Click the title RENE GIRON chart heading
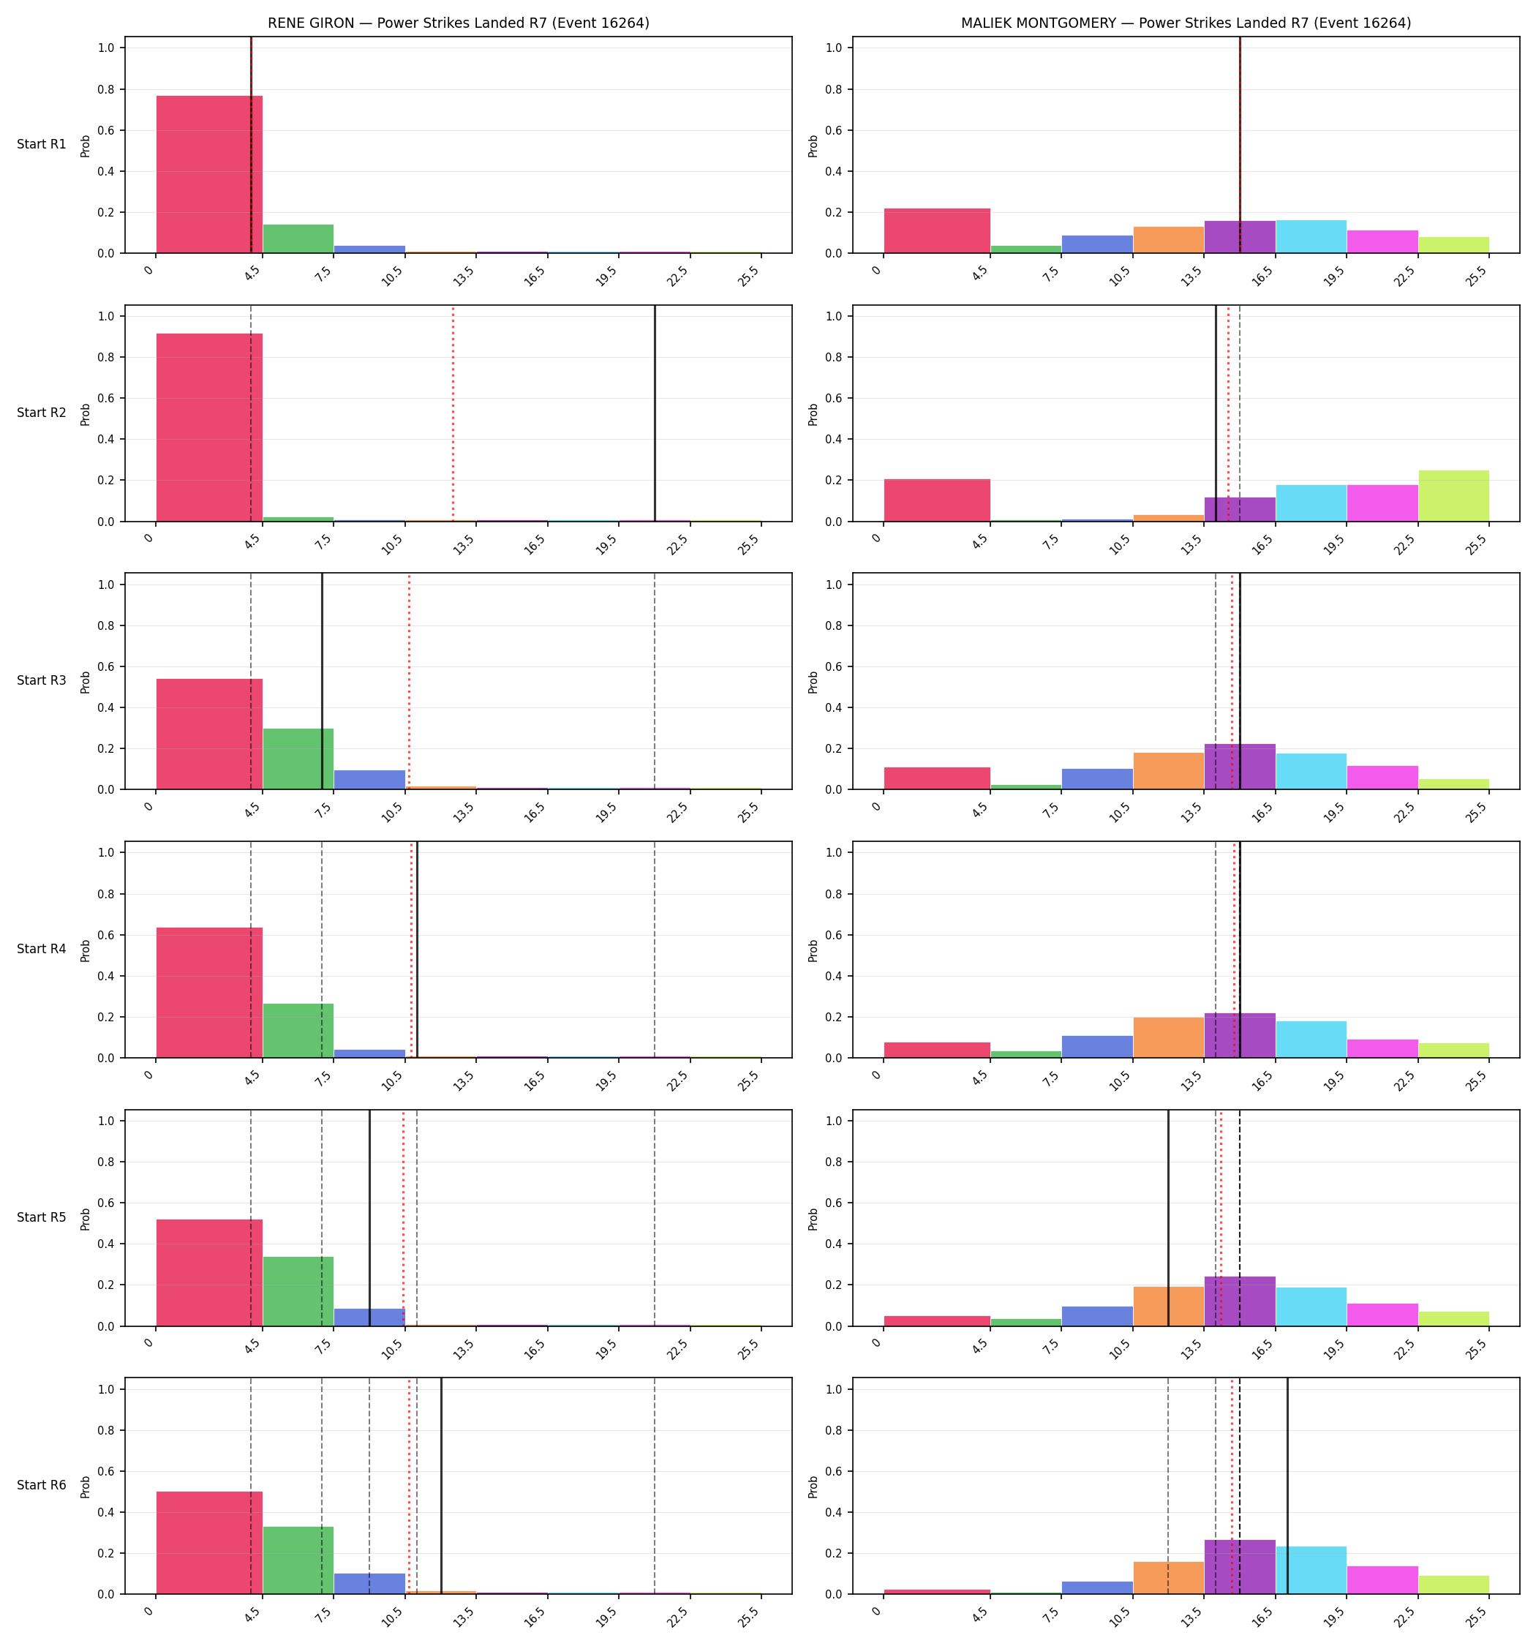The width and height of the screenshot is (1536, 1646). coord(458,23)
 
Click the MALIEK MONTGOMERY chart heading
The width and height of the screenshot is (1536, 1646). coord(1186,23)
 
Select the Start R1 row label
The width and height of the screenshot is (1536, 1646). coord(42,144)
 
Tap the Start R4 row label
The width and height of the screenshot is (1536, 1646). coord(42,949)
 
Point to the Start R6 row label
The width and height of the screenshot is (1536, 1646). coord(42,1485)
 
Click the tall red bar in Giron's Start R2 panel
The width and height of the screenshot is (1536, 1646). coord(209,427)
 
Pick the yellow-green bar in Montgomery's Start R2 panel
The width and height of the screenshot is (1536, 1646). coord(1453,496)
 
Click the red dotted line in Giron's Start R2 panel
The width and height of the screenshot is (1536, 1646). coord(453,413)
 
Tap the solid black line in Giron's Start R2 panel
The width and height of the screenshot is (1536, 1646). coord(655,413)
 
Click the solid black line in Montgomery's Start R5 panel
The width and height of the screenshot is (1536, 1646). coord(1168,1218)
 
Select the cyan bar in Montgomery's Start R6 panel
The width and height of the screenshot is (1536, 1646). coord(1311,1571)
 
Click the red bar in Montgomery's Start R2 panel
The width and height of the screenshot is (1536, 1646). coord(938,500)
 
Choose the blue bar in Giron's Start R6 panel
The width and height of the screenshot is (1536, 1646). coord(369,1584)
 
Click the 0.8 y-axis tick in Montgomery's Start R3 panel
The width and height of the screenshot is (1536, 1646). coord(835,626)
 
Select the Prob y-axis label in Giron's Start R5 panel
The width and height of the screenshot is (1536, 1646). coord(86,1219)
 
